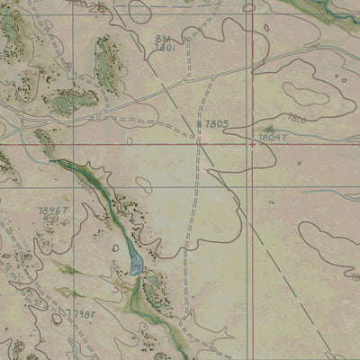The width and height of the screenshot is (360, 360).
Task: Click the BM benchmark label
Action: click(x=162, y=39)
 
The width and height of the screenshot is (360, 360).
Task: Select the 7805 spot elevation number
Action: click(x=216, y=123)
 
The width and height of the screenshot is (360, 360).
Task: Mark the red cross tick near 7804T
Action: click(x=251, y=143)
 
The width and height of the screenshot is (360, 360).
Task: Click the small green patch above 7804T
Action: click(x=267, y=130)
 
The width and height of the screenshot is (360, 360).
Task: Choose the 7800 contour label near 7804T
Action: click(x=296, y=119)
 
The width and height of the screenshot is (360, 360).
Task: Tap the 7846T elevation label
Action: click(x=53, y=211)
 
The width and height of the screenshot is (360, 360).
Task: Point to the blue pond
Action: click(x=135, y=259)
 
